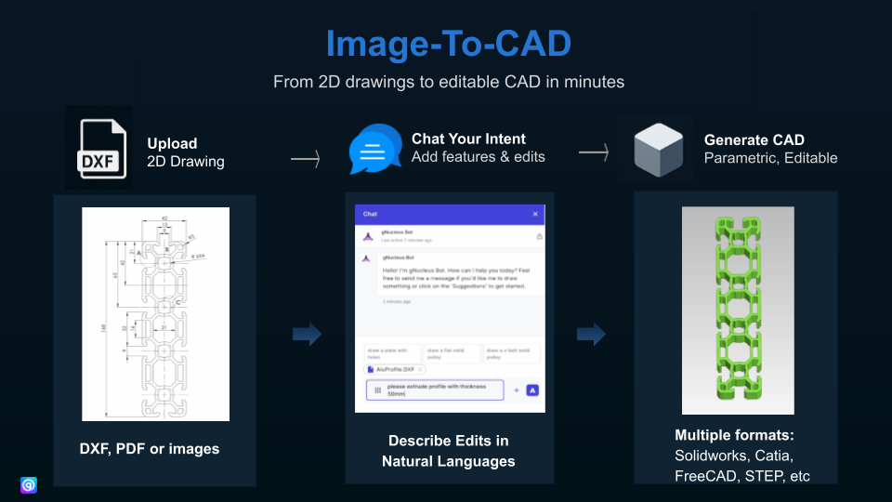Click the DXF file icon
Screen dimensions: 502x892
pos(98,149)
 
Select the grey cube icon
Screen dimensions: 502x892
pos(658,149)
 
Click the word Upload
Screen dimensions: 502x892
pos(172,143)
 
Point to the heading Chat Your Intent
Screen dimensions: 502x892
pos(468,139)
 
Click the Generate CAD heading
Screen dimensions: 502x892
pos(749,139)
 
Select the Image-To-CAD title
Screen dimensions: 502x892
pos(447,44)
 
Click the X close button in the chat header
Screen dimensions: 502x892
pos(535,214)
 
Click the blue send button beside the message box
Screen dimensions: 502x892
pos(532,390)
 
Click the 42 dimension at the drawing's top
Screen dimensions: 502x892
pos(164,218)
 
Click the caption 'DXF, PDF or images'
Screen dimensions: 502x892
pos(150,449)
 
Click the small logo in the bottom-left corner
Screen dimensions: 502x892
pos(28,484)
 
